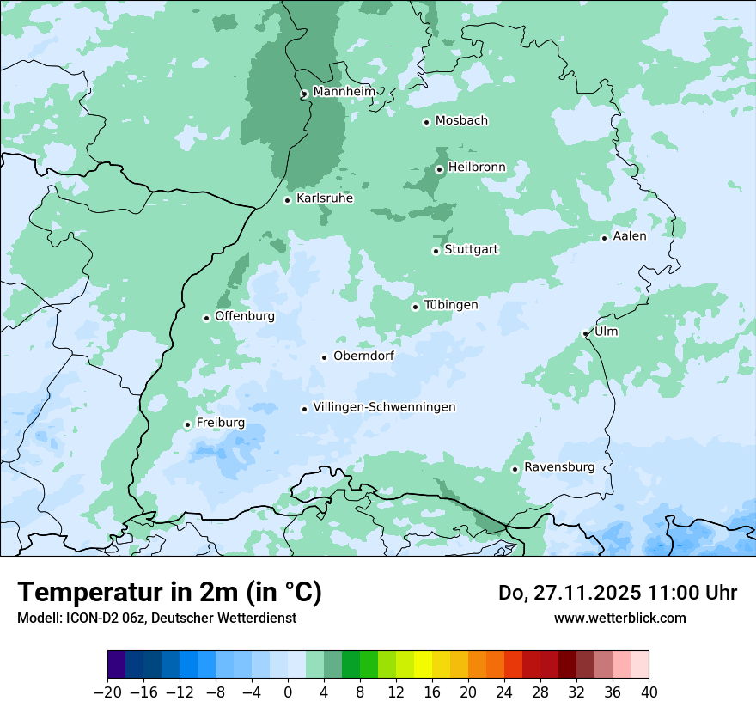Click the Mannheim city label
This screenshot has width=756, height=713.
[x=344, y=92]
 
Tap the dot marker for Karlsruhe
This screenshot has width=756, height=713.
[x=288, y=200]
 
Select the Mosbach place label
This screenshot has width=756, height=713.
[x=461, y=121]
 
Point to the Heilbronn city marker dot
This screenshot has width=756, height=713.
[x=439, y=169]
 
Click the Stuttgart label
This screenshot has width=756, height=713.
[x=471, y=250]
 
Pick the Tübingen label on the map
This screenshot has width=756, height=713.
[x=451, y=306]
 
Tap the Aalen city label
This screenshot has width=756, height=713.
[x=630, y=236]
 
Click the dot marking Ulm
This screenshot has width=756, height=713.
[x=586, y=333]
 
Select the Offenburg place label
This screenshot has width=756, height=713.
[x=245, y=316]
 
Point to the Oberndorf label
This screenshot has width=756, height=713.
[x=363, y=356]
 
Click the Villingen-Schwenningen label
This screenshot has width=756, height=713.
[x=384, y=407]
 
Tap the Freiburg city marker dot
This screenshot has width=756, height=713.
[x=187, y=424]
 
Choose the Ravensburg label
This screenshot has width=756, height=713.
[x=559, y=467]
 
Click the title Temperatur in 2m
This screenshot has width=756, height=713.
[x=169, y=593]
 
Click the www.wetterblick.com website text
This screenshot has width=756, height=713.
[x=619, y=619]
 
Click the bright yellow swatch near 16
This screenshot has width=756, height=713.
[x=423, y=666]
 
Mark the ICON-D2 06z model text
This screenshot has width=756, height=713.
[x=103, y=619]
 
